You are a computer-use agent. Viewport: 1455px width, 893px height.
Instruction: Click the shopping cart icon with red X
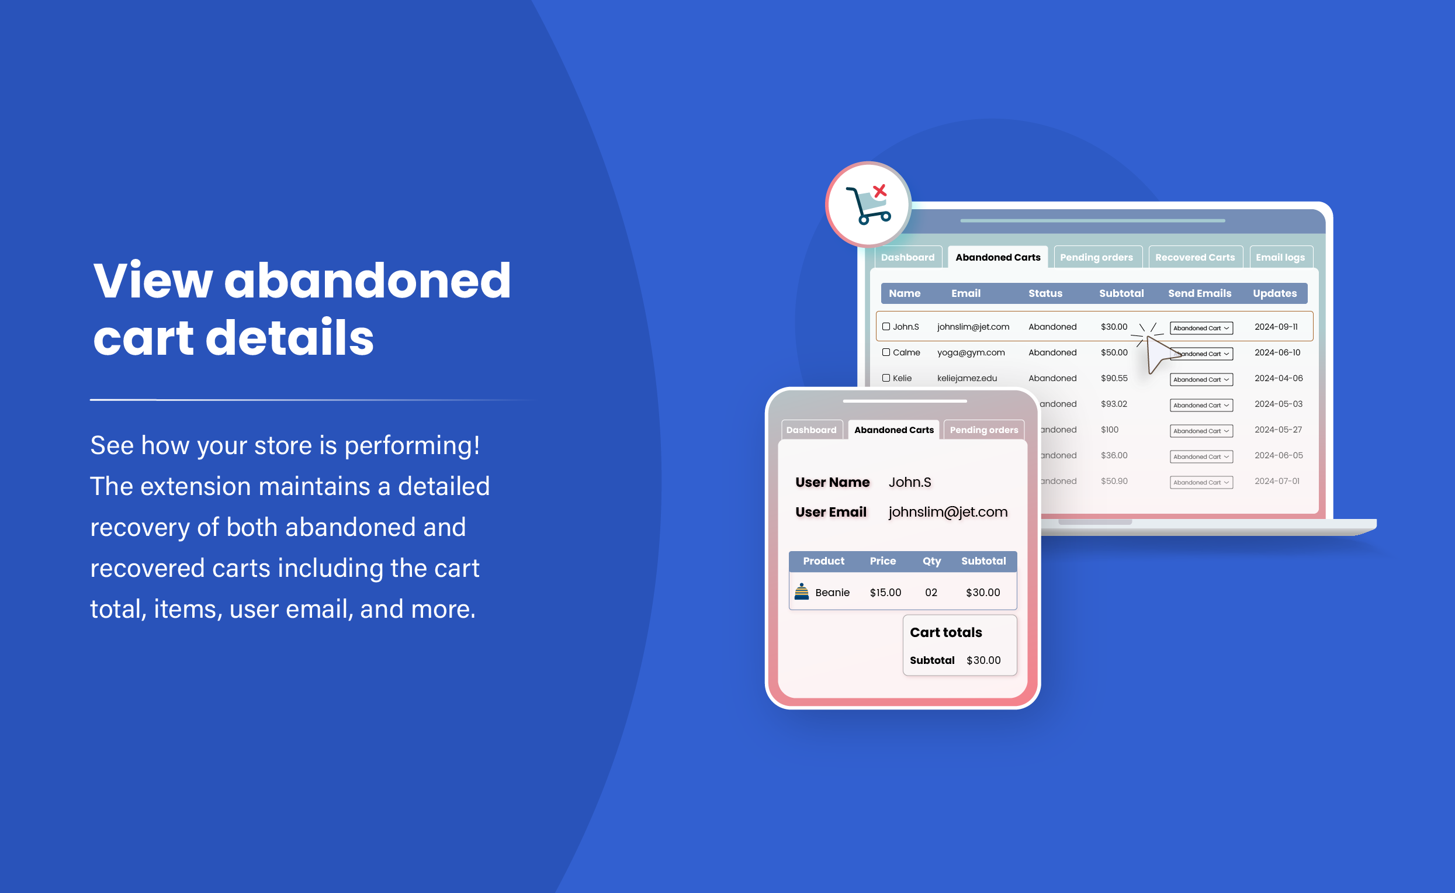click(x=868, y=205)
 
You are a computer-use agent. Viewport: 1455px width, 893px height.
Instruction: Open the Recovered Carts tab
click(x=1194, y=258)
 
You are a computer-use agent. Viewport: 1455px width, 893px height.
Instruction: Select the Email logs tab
click(x=1280, y=258)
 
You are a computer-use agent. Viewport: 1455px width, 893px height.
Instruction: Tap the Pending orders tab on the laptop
click(x=1096, y=258)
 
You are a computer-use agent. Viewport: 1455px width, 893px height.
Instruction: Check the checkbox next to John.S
click(x=886, y=327)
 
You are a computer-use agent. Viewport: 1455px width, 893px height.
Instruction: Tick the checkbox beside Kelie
click(x=886, y=378)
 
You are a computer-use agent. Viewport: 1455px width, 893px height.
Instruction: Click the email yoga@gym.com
click(x=970, y=352)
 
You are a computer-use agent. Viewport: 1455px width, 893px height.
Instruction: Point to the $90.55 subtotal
click(x=1114, y=379)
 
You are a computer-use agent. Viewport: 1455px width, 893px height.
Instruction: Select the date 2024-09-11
click(x=1276, y=327)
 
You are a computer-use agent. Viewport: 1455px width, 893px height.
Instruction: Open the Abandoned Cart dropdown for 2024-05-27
click(x=1200, y=431)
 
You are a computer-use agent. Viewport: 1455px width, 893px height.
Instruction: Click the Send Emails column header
click(x=1199, y=293)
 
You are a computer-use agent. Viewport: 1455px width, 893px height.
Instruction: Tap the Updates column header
click(x=1274, y=293)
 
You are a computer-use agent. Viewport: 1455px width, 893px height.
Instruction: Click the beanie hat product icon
click(x=801, y=591)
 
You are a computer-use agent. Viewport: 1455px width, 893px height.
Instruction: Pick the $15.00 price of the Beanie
click(x=885, y=593)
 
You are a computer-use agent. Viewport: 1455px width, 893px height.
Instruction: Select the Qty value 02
click(x=931, y=593)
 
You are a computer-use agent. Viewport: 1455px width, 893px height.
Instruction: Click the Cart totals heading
click(x=945, y=632)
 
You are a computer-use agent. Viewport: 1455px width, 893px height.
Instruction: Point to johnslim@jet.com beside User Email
click(x=948, y=512)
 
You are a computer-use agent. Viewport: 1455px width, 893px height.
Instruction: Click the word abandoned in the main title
click(x=368, y=281)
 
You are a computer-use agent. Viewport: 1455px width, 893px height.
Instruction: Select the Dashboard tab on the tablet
click(x=810, y=430)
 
